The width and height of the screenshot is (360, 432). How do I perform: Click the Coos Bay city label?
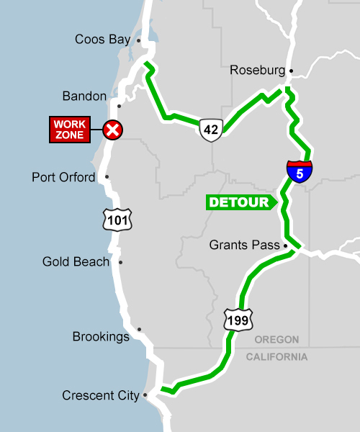(x=102, y=40)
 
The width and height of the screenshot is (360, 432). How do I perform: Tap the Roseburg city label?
(x=257, y=70)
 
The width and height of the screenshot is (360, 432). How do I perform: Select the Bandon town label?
(x=84, y=96)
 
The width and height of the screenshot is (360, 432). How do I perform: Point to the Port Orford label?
(x=63, y=177)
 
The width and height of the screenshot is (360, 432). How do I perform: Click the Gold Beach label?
(x=76, y=262)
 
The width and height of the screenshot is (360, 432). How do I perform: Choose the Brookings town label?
(x=101, y=336)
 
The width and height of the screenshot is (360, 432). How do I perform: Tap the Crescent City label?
(x=100, y=395)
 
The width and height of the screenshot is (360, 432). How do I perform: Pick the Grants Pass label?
(x=244, y=246)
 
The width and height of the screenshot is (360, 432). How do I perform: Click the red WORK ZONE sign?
(x=70, y=129)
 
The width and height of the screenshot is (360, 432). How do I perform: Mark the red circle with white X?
(x=113, y=130)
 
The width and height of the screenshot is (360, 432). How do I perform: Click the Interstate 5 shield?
(x=300, y=171)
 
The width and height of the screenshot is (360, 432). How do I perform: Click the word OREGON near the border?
(x=276, y=340)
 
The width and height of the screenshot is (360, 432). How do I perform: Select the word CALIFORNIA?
(x=276, y=357)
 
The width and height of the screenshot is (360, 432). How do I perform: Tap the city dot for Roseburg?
(x=291, y=71)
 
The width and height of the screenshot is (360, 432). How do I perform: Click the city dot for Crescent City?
(x=145, y=395)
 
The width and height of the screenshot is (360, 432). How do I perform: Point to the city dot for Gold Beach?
(x=120, y=262)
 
